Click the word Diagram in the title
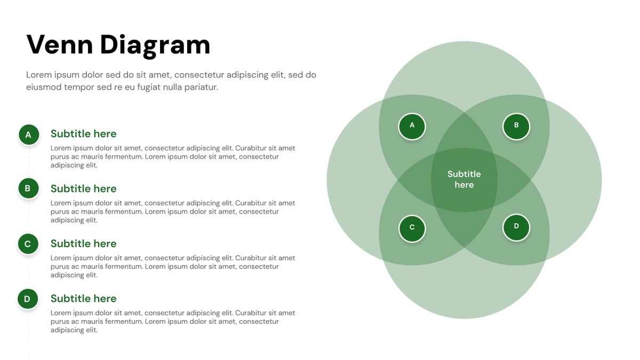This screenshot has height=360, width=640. [155, 46]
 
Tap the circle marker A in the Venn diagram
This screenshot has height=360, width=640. [412, 126]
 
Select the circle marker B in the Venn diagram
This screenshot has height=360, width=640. [516, 126]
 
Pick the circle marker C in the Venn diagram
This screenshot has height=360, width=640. [412, 228]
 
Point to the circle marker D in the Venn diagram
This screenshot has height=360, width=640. [516, 227]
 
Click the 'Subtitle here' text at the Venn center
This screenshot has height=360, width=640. [464, 179]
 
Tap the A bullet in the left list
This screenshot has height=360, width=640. [28, 135]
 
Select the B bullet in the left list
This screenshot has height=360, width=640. [28, 188]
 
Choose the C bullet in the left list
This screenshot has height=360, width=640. [28, 244]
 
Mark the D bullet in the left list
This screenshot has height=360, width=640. [28, 299]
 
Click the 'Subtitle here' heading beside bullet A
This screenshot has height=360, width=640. [83, 134]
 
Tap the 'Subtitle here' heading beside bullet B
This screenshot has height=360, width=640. [83, 189]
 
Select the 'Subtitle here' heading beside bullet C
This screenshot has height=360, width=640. [83, 244]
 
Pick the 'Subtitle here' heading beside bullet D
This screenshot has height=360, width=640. [83, 299]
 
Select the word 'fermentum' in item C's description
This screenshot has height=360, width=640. [124, 267]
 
